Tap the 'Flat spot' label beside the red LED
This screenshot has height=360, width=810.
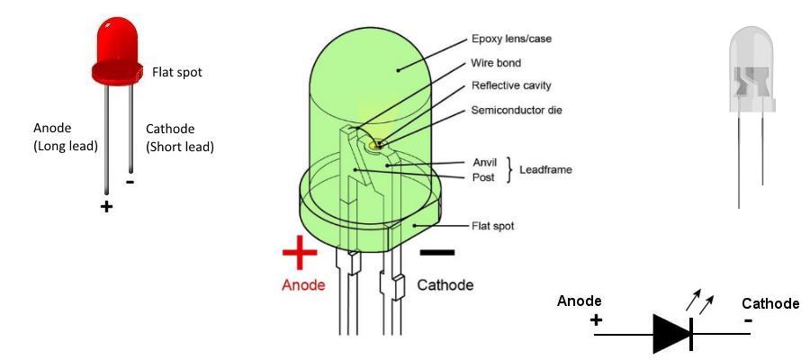[x=177, y=72]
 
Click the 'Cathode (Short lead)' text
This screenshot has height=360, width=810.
[x=179, y=138]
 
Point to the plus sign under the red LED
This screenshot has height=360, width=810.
[x=107, y=206]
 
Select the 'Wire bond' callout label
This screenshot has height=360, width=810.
[x=497, y=64]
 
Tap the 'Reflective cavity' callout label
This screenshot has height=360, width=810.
[x=510, y=85]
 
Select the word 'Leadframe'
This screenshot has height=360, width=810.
[x=550, y=169]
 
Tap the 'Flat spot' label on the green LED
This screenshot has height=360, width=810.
[x=493, y=226]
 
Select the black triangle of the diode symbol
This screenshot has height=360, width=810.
[x=670, y=333]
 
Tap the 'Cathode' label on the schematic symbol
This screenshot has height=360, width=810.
[x=769, y=303]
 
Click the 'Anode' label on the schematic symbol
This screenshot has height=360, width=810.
[x=580, y=301]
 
